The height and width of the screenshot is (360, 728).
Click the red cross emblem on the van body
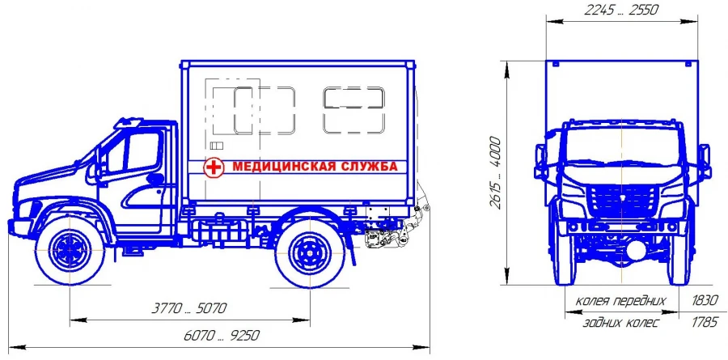213,167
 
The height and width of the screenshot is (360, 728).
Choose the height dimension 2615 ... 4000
494,174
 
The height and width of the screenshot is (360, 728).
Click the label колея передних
620,301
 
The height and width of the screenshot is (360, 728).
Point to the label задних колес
620,323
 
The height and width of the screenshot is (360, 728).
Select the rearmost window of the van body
353,109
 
